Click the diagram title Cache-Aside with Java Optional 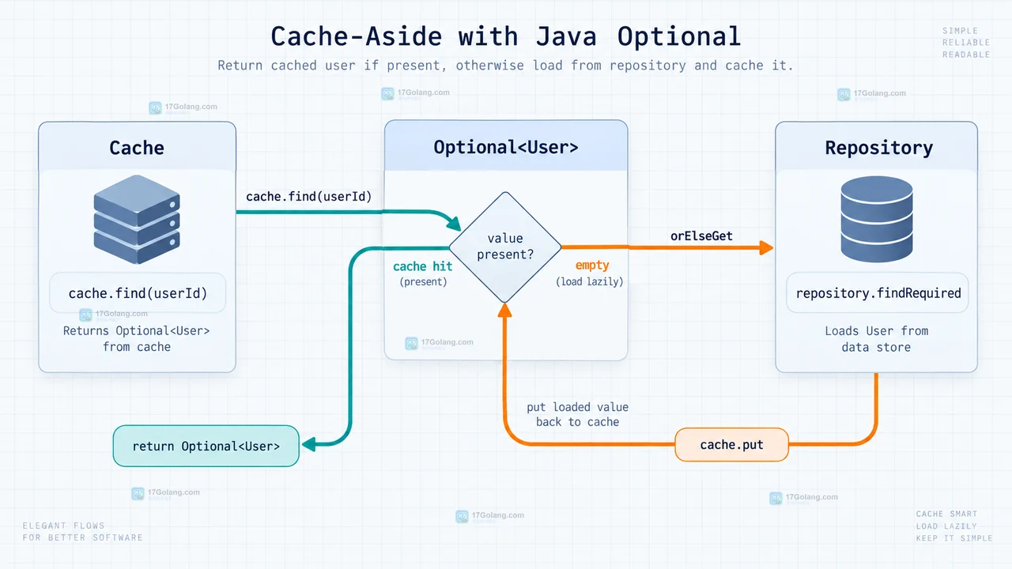tap(505, 36)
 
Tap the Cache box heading tap(137, 148)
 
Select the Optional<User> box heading tap(506, 147)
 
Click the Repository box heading tap(878, 148)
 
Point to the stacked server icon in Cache tap(137, 220)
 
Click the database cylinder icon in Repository tap(877, 219)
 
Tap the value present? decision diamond tap(505, 247)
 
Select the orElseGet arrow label tap(701, 236)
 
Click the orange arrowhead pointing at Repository tap(766, 247)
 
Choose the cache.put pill tap(731, 445)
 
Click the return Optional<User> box tap(206, 447)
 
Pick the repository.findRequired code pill tap(878, 293)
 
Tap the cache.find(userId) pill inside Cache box tap(138, 293)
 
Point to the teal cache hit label tap(422, 266)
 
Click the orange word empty tap(592, 265)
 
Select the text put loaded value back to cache tap(577, 414)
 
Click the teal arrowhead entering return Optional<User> tap(308, 445)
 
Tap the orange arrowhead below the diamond tap(504, 310)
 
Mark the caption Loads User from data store tap(877, 339)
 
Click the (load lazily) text tap(589, 282)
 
